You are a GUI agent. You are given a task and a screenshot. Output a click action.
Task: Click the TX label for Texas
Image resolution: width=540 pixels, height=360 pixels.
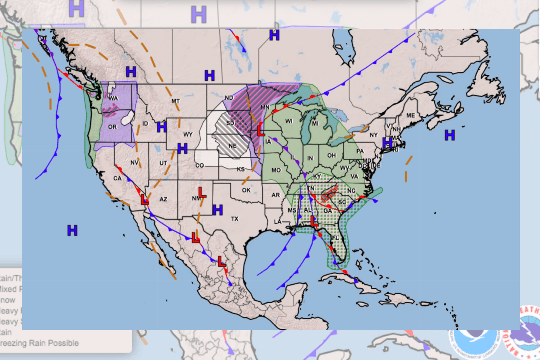(235, 219)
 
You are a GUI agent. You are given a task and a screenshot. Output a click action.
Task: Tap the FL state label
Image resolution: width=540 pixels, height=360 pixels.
(341, 252)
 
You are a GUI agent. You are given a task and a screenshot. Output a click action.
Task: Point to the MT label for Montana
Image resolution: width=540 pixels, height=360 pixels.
(175, 101)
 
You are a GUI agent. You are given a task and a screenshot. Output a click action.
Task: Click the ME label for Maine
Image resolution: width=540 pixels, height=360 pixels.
(410, 116)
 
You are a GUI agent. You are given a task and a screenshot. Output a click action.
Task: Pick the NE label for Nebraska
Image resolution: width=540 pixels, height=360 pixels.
(232, 146)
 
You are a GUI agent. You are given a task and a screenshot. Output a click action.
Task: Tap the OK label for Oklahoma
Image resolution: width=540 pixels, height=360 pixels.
(246, 190)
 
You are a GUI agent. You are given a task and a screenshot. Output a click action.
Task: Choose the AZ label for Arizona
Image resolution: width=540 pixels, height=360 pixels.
(163, 199)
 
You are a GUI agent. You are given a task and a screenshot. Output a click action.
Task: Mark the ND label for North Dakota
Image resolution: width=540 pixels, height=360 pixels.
(229, 98)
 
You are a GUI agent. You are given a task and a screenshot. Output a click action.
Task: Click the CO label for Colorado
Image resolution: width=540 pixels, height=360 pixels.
(199, 166)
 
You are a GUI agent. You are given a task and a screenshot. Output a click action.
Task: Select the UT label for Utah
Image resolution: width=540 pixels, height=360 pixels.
(163, 163)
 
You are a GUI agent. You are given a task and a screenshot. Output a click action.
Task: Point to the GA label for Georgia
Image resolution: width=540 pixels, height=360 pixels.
(327, 211)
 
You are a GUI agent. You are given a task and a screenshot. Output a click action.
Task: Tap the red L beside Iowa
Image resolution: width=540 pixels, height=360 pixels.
(260, 131)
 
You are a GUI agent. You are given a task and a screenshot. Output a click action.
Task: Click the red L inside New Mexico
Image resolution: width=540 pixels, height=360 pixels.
(202, 192)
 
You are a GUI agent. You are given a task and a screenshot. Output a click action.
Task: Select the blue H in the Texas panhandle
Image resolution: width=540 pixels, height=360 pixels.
(217, 210)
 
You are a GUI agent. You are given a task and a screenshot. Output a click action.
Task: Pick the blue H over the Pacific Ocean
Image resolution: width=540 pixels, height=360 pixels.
(72, 230)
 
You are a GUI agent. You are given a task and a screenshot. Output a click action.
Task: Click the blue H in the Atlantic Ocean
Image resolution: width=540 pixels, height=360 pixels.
(450, 134)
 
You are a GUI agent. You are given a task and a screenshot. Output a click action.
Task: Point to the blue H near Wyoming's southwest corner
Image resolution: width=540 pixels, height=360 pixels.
(182, 148)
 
